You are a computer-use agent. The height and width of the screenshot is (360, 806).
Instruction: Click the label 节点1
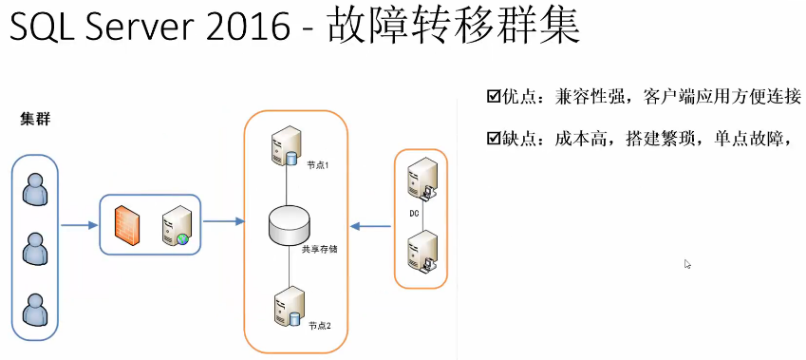317,164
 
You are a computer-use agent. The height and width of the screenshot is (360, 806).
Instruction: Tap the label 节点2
319,326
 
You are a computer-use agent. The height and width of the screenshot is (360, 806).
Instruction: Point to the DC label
414,213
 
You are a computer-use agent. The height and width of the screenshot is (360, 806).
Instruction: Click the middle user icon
35,249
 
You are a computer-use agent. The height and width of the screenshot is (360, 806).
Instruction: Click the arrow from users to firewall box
80,226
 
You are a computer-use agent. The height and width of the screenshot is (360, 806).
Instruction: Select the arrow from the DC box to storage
371,226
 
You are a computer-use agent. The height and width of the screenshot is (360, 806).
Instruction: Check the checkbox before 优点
493,96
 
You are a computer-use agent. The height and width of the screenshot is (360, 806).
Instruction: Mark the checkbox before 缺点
493,140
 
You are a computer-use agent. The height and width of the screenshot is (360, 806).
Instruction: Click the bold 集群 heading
35,121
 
